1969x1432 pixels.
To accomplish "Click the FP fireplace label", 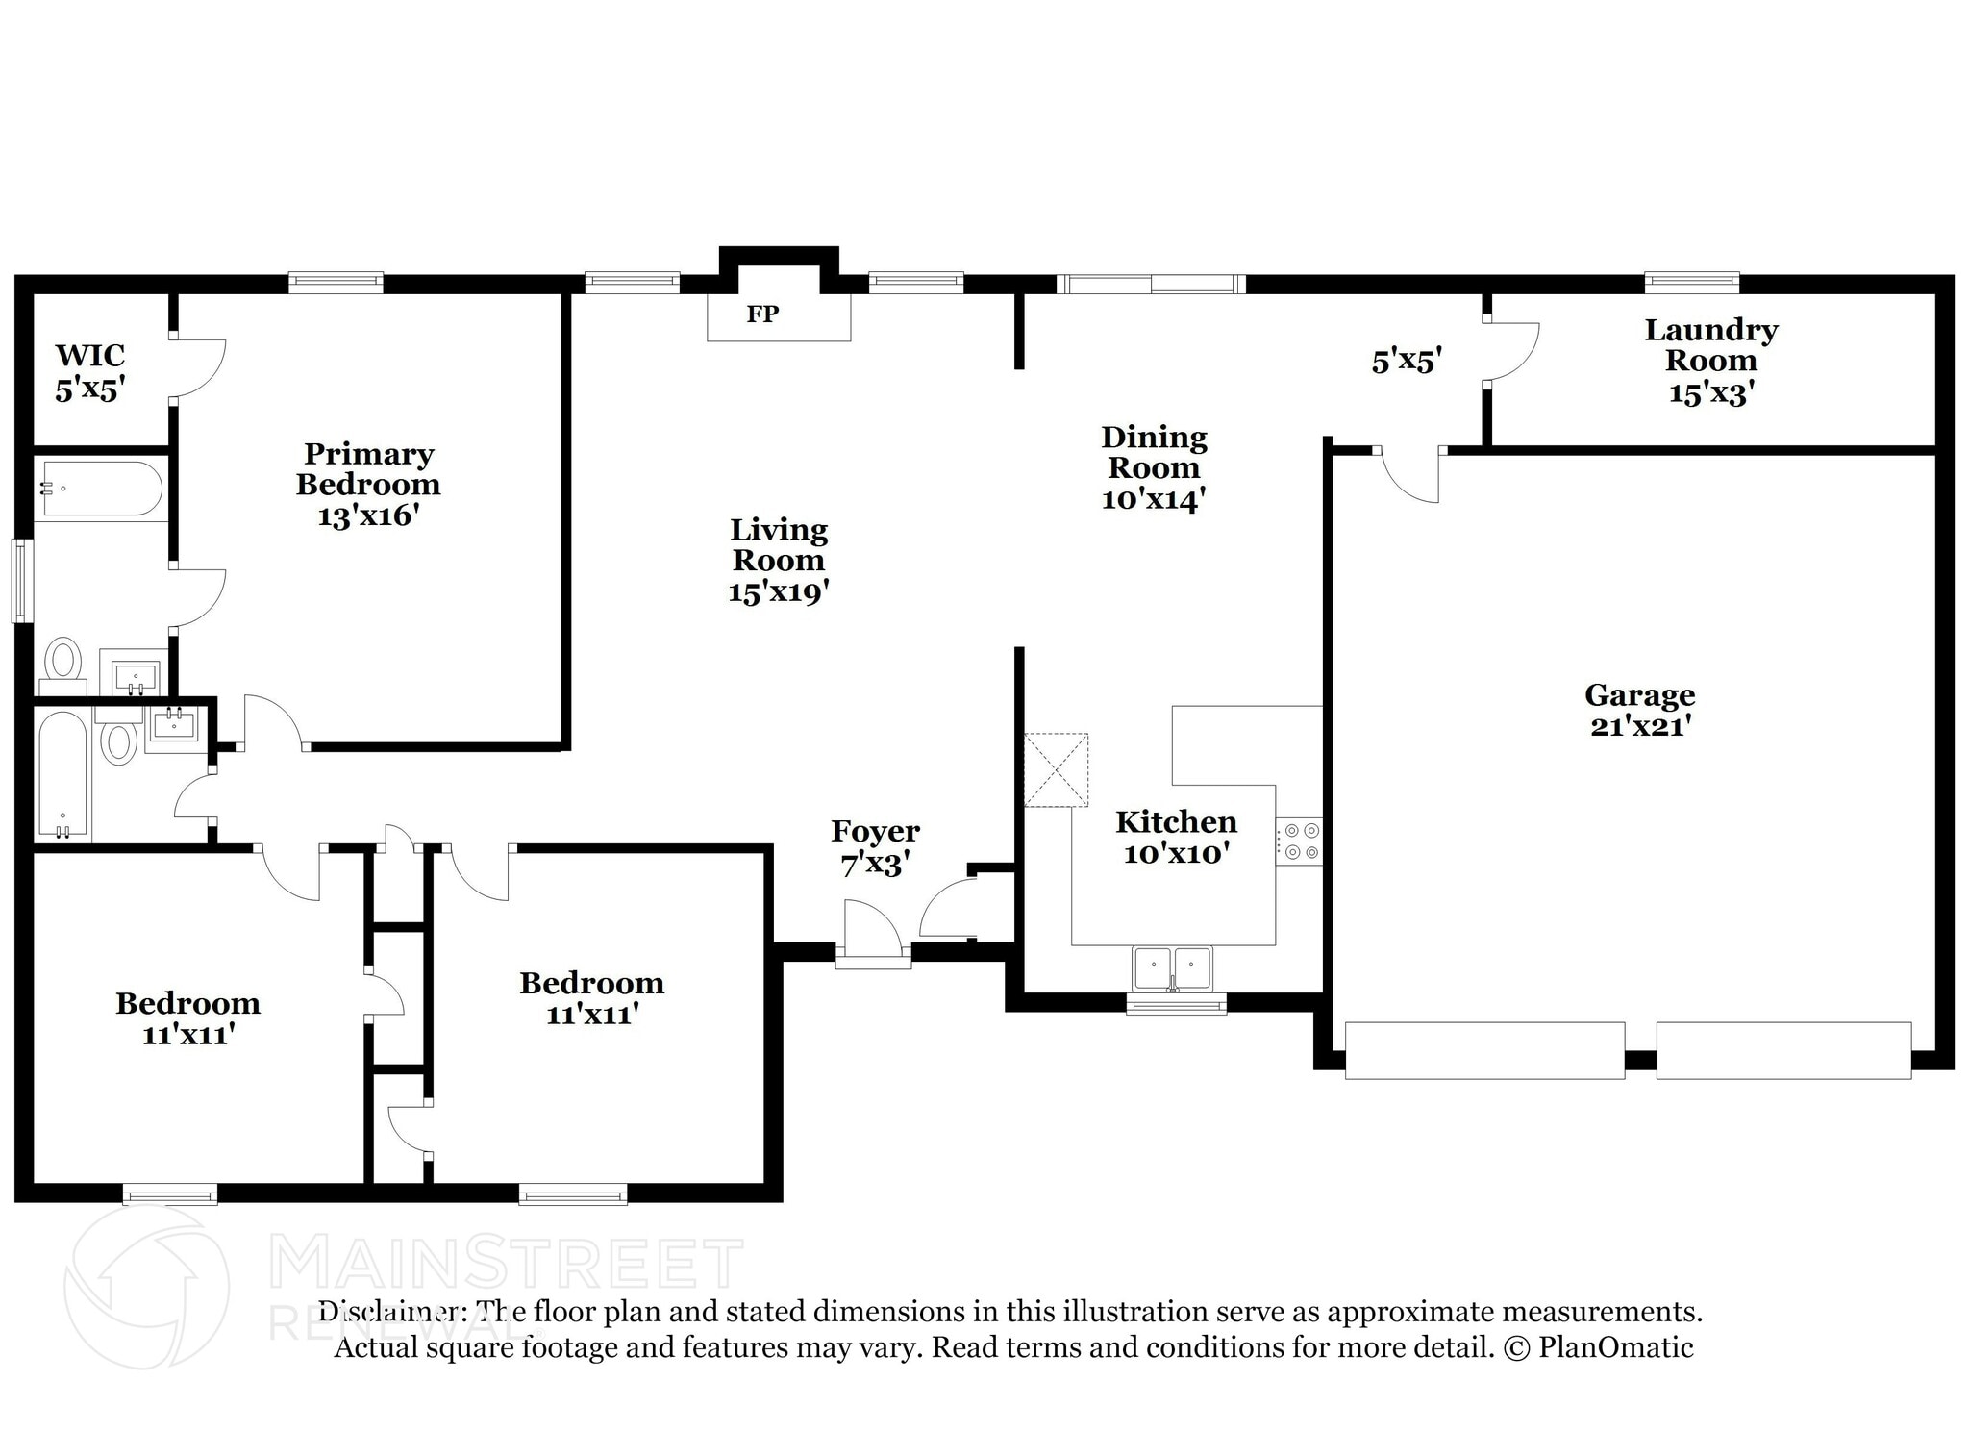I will point(762,314).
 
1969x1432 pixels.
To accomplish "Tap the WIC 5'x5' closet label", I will point(90,372).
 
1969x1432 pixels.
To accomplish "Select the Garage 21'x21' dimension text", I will point(1639,726).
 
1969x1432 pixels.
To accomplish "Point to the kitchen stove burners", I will point(1298,841).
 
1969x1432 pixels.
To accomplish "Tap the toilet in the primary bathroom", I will point(64,662).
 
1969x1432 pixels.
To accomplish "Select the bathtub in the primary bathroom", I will point(99,490).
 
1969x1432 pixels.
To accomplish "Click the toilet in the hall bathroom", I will point(119,742).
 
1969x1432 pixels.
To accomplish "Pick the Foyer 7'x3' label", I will point(874,847).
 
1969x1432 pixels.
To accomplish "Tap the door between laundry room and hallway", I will point(1509,352).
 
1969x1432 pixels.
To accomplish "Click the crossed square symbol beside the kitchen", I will point(1056,769).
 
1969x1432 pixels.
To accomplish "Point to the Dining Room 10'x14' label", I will point(1154,467).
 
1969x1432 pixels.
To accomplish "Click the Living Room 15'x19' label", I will point(778,560).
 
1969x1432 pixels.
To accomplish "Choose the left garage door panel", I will point(1483,1050).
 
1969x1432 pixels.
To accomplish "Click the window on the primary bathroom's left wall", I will point(20,580).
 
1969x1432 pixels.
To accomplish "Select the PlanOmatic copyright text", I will point(1597,1347).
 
